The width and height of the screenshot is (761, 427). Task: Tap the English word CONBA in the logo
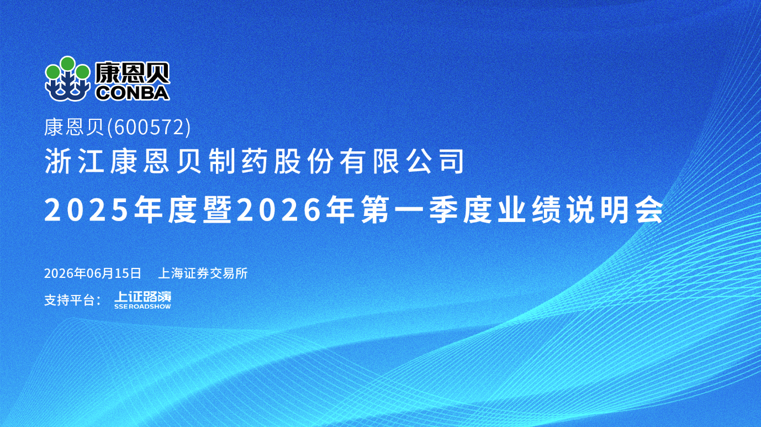(133, 93)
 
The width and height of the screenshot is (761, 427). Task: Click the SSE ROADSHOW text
(142, 307)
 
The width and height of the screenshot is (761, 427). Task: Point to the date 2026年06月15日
(92, 273)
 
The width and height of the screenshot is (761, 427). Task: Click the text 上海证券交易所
(203, 273)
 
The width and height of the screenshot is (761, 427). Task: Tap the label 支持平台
(69, 301)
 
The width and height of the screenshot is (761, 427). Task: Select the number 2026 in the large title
(278, 210)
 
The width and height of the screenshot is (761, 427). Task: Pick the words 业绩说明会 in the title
(580, 210)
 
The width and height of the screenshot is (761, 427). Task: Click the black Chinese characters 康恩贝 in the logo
(132, 73)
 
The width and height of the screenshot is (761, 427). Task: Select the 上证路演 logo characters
(142, 297)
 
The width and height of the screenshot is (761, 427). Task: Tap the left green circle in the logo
(52, 72)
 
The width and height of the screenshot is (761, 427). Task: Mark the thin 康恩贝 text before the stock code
(74, 128)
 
